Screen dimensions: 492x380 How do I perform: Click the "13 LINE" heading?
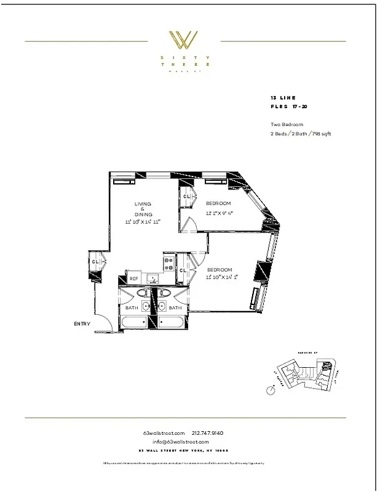coord(283,98)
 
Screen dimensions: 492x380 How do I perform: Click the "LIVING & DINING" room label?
coord(143,208)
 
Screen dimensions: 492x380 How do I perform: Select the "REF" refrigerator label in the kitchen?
coord(133,279)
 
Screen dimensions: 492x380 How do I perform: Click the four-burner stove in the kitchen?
coord(168,264)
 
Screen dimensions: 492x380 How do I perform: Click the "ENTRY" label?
coord(82,324)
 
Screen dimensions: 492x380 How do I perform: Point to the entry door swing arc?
coord(101,317)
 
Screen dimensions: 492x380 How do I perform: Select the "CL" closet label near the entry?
coord(95,262)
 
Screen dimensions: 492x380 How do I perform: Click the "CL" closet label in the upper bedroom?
coord(186,197)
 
